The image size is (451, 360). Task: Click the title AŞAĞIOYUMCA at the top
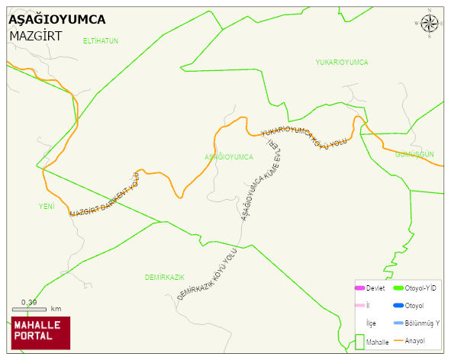click(x=56, y=20)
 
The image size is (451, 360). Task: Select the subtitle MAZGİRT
click(x=35, y=35)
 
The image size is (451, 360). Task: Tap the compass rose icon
click(x=430, y=25)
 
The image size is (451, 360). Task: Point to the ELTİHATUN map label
click(x=101, y=40)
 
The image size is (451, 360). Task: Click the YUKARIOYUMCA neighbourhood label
click(x=342, y=62)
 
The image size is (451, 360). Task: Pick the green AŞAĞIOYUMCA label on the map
click(x=229, y=156)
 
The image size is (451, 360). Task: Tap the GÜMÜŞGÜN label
click(x=414, y=154)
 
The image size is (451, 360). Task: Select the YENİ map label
click(x=47, y=206)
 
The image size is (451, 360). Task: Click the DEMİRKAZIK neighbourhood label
click(x=166, y=276)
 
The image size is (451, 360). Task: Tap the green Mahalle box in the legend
click(x=359, y=342)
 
